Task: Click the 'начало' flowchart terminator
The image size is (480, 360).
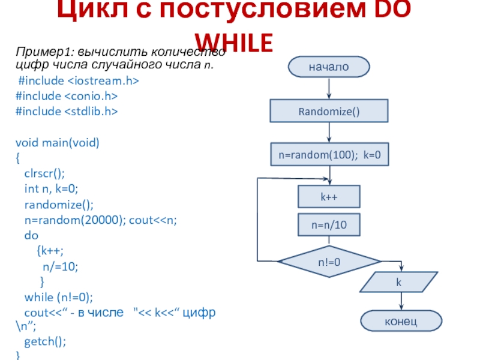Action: [x=329, y=67]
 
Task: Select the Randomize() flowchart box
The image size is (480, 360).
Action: [x=329, y=111]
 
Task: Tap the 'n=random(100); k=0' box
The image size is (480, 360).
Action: [x=329, y=154]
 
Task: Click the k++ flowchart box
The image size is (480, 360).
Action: [x=329, y=196]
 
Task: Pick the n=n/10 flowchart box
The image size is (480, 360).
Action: [x=329, y=225]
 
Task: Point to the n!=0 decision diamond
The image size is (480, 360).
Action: [x=329, y=262]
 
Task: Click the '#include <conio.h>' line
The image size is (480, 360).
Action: [x=66, y=96]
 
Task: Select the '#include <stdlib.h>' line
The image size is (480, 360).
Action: [x=66, y=111]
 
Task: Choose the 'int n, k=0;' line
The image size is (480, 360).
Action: [x=52, y=189]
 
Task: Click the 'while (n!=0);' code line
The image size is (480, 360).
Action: [x=59, y=296]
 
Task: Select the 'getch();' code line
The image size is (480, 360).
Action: [x=45, y=342]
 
